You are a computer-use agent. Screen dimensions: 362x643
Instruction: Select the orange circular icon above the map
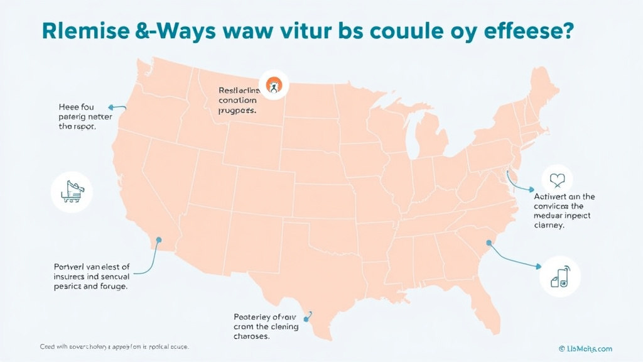(273, 85)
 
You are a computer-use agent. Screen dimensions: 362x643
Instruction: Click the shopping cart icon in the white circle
(71, 190)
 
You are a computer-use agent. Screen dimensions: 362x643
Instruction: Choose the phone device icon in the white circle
(559, 277)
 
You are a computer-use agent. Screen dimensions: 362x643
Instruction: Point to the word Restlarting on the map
(237, 90)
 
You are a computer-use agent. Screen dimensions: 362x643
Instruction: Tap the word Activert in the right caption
(550, 197)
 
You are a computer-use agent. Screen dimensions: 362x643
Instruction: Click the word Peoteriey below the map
(256, 317)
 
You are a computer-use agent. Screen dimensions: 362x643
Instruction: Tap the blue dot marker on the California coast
(159, 239)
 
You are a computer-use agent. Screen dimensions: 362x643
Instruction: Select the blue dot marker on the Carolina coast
(488, 243)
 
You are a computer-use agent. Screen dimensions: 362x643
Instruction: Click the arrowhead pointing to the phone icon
(538, 267)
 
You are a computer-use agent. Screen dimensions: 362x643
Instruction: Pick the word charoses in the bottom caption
(251, 336)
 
